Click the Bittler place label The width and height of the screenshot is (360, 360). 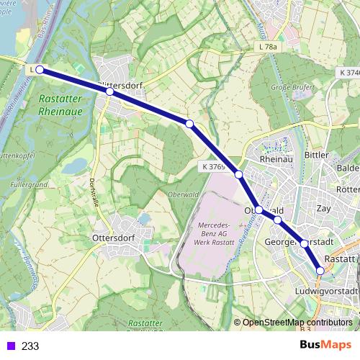point(316,155)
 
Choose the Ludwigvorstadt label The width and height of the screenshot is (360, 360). point(326,291)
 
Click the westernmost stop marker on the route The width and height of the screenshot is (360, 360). point(40,70)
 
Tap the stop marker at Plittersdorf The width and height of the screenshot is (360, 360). point(109,91)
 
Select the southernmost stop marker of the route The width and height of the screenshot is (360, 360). point(320,271)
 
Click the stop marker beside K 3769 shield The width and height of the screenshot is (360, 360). point(238,174)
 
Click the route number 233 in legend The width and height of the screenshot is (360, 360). point(30,346)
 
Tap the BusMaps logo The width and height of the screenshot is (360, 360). point(325,345)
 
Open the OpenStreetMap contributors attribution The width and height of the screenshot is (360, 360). point(297,322)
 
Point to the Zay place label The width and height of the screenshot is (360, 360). point(324,208)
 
